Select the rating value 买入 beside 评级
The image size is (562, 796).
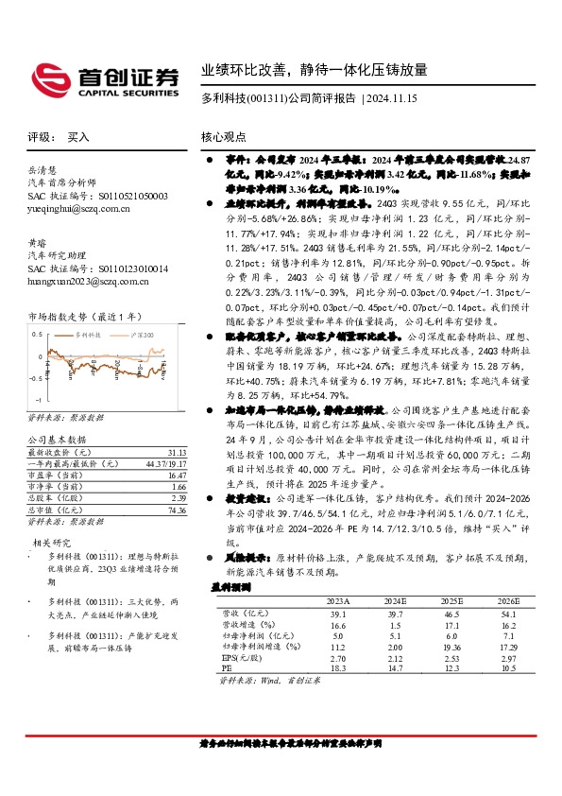[78, 136]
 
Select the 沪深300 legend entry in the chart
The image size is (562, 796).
[137, 335]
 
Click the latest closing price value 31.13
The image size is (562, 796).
[174, 453]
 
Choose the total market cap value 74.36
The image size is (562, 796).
[174, 510]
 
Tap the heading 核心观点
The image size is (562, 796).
[225, 136]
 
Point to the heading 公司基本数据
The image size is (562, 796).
[57, 440]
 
